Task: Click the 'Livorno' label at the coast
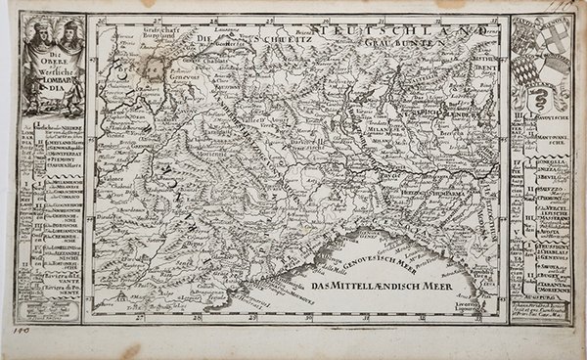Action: pos(468,307)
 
